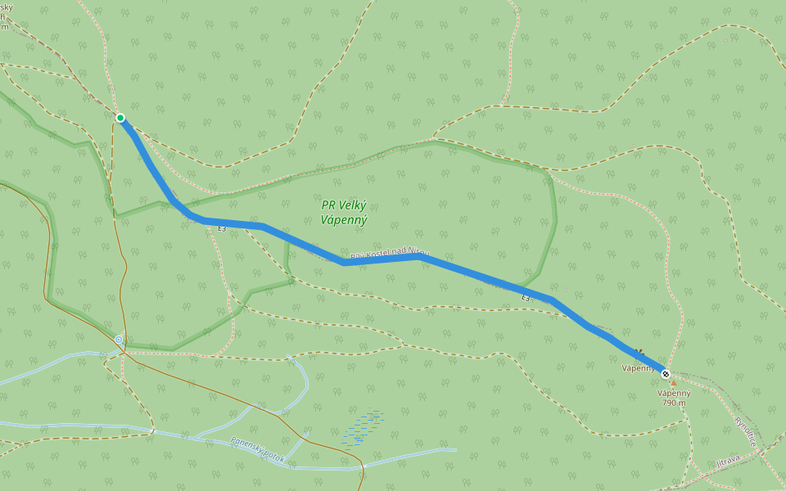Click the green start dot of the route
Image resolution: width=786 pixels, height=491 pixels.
(120, 118)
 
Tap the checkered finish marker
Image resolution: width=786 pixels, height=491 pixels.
(666, 374)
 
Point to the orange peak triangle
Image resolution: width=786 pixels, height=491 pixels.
(674, 383)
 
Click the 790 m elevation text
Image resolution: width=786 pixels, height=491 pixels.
(674, 403)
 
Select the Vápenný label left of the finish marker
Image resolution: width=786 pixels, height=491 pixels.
(638, 368)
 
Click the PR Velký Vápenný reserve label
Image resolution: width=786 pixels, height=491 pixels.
(344, 213)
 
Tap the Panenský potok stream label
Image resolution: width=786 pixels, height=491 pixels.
(258, 449)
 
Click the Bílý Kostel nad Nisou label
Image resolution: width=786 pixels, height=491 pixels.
(390, 255)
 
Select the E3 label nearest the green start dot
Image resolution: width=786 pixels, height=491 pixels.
(222, 228)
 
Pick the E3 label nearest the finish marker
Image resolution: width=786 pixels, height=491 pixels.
(526, 299)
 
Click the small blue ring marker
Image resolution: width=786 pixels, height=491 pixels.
(119, 339)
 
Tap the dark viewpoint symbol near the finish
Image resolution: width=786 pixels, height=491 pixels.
(639, 354)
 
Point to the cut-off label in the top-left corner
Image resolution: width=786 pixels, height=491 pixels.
(5, 16)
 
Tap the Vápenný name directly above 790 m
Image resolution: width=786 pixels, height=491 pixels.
(674, 393)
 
